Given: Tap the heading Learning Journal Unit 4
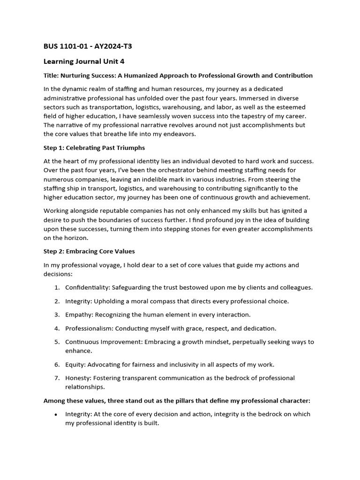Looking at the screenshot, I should tap(84, 61).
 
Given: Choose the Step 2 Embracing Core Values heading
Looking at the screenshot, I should tap(89, 251).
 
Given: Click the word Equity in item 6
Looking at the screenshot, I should tap(75, 364).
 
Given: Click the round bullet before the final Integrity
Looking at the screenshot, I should tap(56, 415).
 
